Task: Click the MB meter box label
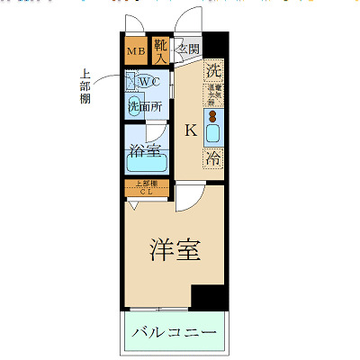[x=136, y=51]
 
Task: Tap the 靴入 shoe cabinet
[x=161, y=50]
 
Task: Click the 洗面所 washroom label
[x=144, y=107]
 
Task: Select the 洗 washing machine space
[x=213, y=70]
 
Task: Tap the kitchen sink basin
[x=214, y=134]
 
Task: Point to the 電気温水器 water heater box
[x=213, y=95]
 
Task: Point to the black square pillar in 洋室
[x=210, y=298]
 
